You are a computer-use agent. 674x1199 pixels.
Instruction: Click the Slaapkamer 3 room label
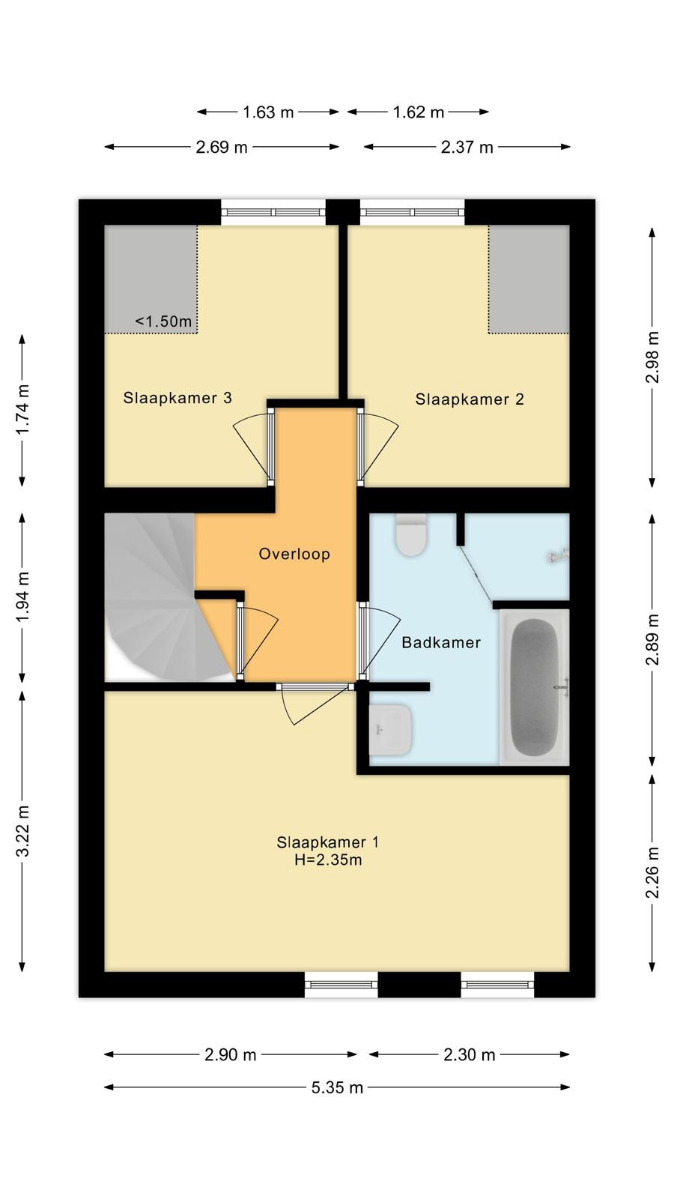pos(177,398)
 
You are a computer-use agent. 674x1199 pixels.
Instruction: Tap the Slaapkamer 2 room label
pos(470,399)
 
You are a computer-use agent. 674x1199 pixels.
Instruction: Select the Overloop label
pos(294,554)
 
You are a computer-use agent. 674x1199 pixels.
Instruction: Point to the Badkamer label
pos(441,642)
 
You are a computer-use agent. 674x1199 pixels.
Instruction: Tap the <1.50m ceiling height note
pos(163,321)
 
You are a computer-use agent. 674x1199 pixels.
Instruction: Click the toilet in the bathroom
pos(411,534)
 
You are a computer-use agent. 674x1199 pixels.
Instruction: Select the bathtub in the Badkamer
pos(535,687)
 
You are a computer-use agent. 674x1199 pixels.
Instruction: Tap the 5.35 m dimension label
pos(338,1087)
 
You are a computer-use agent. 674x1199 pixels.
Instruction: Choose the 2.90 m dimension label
pos(231,1054)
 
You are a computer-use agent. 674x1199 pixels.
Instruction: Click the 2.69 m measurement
pos(222,147)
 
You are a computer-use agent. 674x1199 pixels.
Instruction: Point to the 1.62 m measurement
pos(419,112)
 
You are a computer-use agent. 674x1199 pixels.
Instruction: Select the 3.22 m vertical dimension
pos(22,831)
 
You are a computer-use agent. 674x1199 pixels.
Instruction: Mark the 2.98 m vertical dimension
pos(652,357)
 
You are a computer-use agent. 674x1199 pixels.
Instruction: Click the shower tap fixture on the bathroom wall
pos(559,556)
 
